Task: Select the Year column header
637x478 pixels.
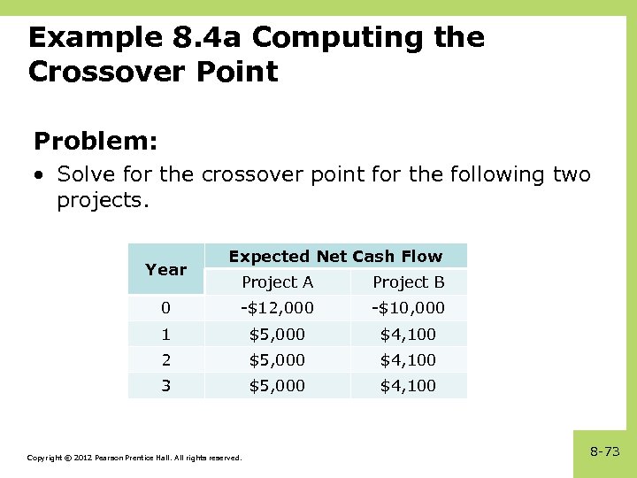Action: click(165, 270)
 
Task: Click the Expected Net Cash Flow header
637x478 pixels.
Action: click(335, 257)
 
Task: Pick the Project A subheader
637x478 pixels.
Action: click(277, 282)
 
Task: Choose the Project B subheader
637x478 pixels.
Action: click(408, 282)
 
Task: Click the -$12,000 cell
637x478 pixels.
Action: click(277, 308)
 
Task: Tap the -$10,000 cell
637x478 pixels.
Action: click(408, 308)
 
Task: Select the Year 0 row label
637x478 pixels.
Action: click(165, 308)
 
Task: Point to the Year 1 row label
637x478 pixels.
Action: click(165, 334)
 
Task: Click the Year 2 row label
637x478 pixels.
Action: click(165, 359)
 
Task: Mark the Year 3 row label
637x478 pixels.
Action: click(165, 385)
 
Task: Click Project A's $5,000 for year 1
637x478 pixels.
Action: click(277, 334)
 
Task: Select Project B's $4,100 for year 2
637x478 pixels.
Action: click(408, 359)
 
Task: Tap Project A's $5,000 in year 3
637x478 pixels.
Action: click(277, 385)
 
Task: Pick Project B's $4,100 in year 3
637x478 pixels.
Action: click(408, 385)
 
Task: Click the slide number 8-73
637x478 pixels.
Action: click(604, 451)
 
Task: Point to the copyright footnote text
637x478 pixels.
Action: click(134, 458)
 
